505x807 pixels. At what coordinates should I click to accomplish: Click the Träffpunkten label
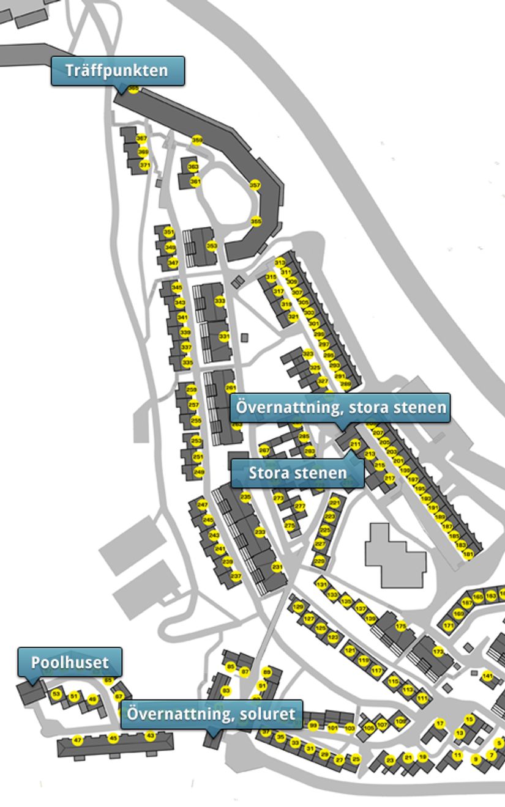point(117,70)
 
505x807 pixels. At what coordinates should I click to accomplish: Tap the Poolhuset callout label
point(70,662)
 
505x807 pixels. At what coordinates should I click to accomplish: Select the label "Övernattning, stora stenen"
point(340,407)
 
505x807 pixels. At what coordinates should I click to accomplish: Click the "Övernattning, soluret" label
point(211,714)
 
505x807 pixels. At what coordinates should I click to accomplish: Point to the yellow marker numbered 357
point(255,185)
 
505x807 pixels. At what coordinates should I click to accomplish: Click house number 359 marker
point(197,140)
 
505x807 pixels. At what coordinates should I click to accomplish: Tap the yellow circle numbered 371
point(144,165)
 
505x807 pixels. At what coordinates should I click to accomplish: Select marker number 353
point(212,246)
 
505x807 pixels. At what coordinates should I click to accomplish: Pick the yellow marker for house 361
point(195,182)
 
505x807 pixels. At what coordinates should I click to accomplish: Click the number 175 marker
point(401,626)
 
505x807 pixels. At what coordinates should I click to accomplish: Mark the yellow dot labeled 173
point(438,652)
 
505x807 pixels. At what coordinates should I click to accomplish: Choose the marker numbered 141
point(487,676)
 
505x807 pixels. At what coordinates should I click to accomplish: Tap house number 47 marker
point(78,740)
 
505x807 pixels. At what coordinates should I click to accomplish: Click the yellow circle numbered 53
point(56,695)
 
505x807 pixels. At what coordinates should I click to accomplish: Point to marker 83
point(226,691)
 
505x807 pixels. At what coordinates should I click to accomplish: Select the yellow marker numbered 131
point(321,584)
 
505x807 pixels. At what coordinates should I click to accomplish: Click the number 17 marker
point(440,724)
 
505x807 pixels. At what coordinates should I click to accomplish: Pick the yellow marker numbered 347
point(173,263)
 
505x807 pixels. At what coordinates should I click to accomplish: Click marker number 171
point(449,625)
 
